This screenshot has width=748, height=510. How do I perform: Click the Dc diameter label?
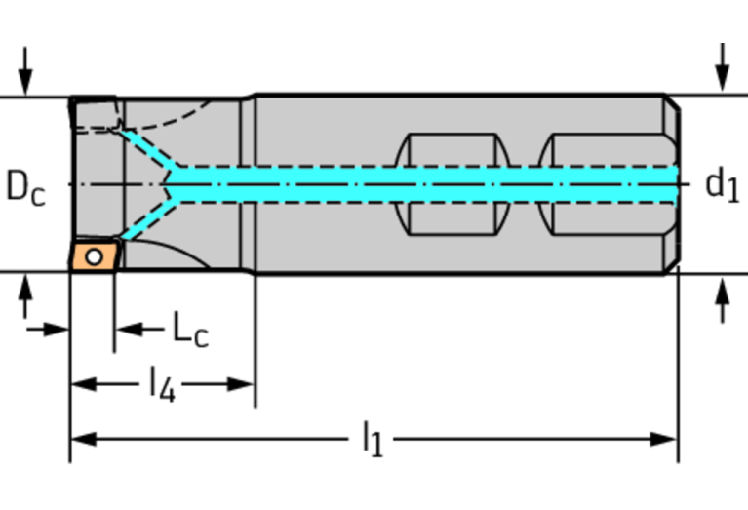click(x=26, y=185)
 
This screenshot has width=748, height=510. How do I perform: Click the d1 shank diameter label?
click(x=721, y=184)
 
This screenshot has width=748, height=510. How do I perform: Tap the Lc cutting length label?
click(x=190, y=330)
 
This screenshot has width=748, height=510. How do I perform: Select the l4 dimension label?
click(x=162, y=384)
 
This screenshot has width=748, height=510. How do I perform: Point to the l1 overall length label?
click(x=373, y=440)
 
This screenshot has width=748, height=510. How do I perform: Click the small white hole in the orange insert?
click(x=94, y=257)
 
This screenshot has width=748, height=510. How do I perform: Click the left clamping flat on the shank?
click(x=453, y=183)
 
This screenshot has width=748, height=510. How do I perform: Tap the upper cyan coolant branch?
click(x=146, y=148)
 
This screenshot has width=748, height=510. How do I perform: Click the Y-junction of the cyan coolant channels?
click(x=172, y=183)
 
